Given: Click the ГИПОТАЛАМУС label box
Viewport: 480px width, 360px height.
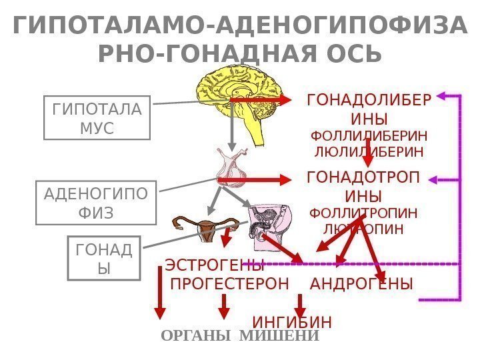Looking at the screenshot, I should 97,118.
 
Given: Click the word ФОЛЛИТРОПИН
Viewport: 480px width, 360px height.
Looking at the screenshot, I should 364,214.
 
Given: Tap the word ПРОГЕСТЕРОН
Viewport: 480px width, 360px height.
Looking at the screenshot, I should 230,284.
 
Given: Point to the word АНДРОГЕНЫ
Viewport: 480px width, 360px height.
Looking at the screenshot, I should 362,284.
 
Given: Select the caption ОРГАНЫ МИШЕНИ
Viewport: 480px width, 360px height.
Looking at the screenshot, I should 240,336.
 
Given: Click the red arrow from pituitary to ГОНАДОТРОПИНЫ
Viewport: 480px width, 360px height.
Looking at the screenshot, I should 257,179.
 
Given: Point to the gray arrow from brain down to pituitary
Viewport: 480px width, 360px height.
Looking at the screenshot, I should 231,127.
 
